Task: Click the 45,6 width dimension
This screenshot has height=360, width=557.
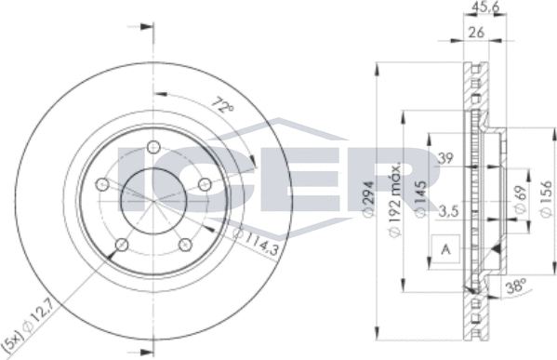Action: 482,9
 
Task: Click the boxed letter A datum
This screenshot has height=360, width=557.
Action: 445,249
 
